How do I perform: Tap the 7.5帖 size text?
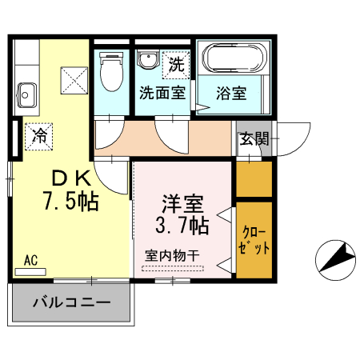pyautogui.click(x=70, y=201)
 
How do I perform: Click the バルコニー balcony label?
pyautogui.click(x=71, y=303)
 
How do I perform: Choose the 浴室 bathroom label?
pyautogui.click(x=232, y=92)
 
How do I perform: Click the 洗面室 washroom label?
pyautogui.click(x=162, y=92)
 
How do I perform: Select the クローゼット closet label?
pyautogui.click(x=255, y=240)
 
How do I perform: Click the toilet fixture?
pyautogui.click(x=111, y=74)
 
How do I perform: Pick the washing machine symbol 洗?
pyautogui.click(x=175, y=62)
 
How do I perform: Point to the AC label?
pyautogui.click(x=31, y=260)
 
